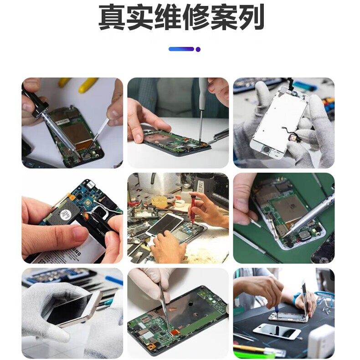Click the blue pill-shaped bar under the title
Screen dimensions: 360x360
pyautogui.click(x=181, y=49)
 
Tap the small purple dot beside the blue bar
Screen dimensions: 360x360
pyautogui.click(x=198, y=49)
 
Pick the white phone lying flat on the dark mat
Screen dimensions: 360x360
pyautogui.click(x=277, y=331)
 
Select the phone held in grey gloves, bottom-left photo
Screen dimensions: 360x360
pyautogui.click(x=75, y=308)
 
